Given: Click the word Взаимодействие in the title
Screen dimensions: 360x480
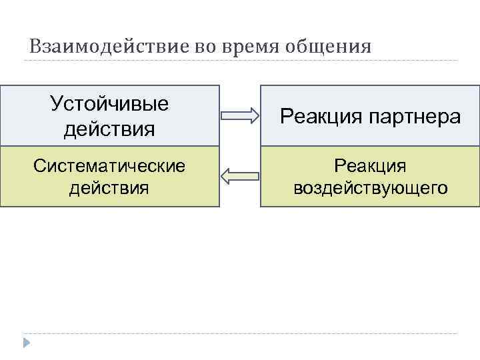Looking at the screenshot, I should [109, 47].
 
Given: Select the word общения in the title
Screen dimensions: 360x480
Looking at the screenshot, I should [327, 47].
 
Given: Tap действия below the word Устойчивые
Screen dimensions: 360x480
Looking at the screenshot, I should [109, 127].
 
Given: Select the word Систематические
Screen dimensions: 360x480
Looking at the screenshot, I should [109, 165].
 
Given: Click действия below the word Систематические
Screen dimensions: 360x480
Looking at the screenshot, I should [109, 187].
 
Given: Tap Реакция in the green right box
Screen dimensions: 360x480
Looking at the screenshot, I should [370, 165].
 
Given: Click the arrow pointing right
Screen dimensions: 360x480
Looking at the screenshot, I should [239, 116].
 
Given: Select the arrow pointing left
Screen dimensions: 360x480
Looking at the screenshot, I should [239, 177].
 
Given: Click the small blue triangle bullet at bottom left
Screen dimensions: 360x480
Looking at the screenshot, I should [26, 343].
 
